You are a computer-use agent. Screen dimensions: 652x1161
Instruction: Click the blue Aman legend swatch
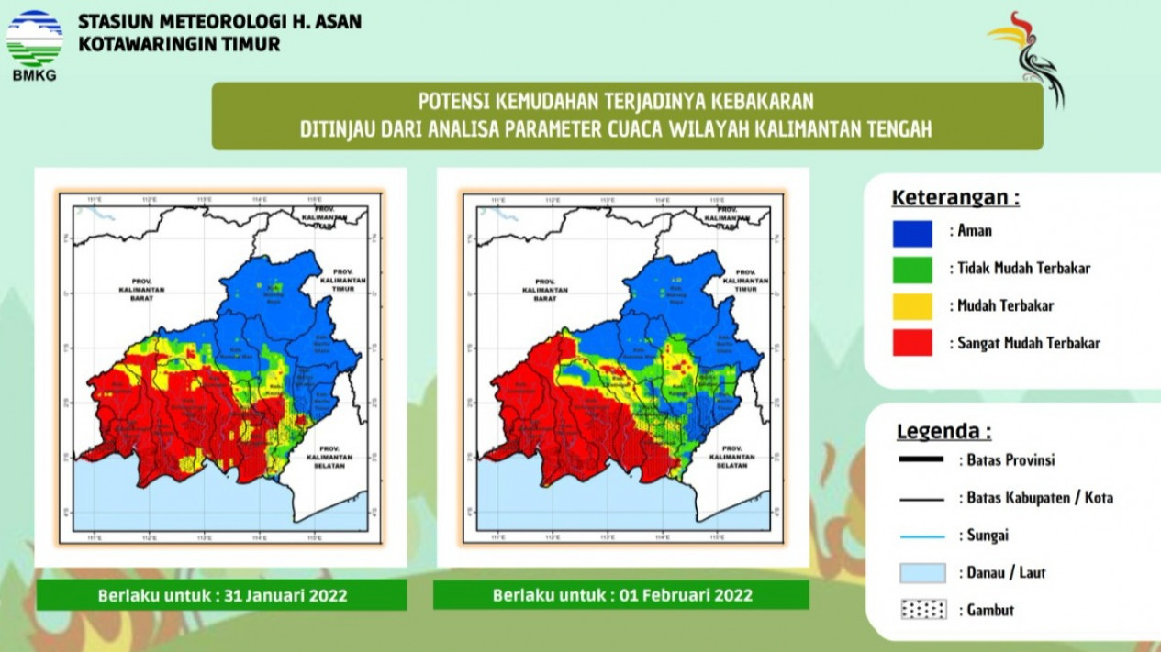tap(911, 233)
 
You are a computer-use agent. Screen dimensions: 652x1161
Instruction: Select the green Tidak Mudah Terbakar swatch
tap(911, 270)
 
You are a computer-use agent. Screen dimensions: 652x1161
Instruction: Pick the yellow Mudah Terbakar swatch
tap(911, 306)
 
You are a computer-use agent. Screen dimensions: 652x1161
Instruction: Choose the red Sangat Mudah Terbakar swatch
tap(911, 343)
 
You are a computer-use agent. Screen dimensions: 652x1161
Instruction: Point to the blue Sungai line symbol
tap(921, 536)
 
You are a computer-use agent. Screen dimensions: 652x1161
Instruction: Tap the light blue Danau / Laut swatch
tap(921, 573)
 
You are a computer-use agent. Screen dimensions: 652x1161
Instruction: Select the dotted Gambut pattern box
tap(921, 611)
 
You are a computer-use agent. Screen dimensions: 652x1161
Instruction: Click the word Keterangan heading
tap(955, 198)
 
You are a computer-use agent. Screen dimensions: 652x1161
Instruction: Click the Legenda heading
tap(943, 432)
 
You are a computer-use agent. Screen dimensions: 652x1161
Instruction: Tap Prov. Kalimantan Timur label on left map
tap(342, 279)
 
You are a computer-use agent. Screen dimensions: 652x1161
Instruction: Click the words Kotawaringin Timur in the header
tap(180, 44)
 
